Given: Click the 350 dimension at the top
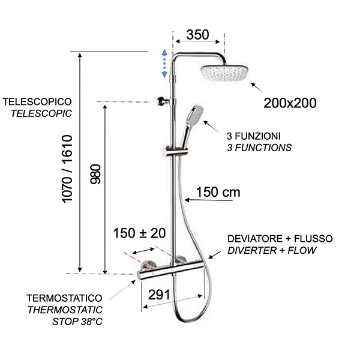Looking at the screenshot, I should point(197,34).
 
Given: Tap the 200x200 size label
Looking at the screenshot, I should point(290,103).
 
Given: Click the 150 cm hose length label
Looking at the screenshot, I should point(218,193).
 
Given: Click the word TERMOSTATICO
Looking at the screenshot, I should point(64,298).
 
